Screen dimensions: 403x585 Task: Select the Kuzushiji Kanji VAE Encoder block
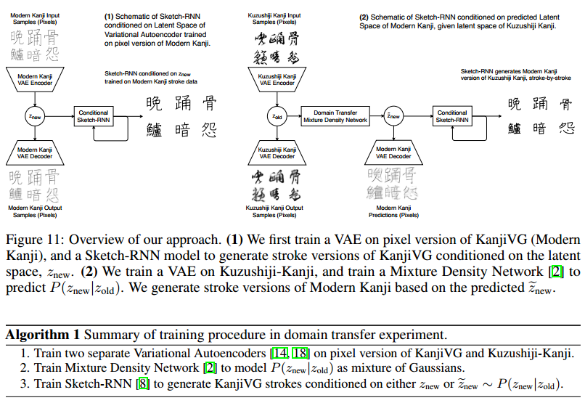276,79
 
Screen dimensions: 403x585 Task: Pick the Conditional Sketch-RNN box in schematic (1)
95,116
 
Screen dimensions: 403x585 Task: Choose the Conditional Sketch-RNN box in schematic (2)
452,116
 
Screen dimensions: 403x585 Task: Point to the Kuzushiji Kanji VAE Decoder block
276,152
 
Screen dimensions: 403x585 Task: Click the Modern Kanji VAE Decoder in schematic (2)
393,152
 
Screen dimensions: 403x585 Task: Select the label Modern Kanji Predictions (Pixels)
393,211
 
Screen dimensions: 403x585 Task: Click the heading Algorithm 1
42,335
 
